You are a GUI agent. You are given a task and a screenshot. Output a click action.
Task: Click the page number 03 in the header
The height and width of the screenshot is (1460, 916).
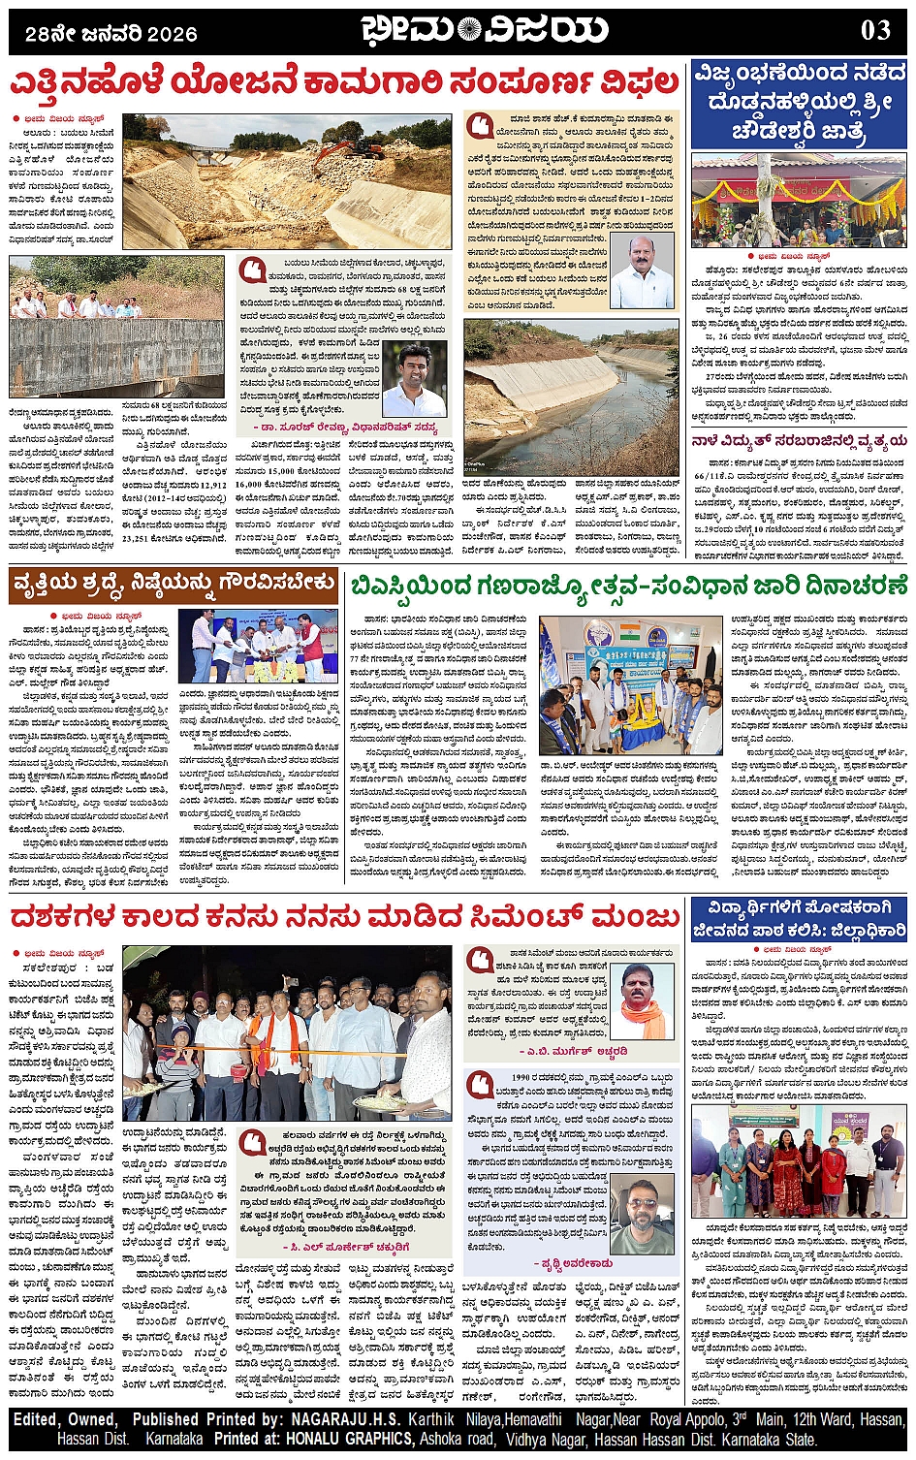click(875, 30)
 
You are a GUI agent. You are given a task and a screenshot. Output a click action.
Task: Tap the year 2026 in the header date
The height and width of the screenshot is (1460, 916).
click(174, 34)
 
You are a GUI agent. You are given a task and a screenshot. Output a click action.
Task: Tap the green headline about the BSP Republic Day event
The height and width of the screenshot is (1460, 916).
click(628, 587)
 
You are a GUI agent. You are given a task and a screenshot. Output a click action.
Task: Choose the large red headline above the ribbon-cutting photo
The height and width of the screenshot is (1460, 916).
click(344, 917)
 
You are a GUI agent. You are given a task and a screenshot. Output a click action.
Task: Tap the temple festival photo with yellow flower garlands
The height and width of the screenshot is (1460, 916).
click(799, 201)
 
